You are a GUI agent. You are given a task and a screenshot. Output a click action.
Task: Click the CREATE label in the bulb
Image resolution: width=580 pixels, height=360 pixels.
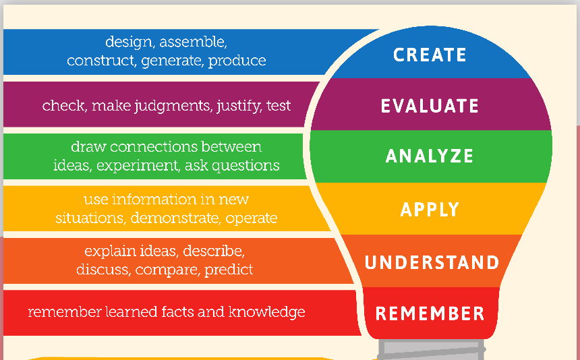click(430, 55)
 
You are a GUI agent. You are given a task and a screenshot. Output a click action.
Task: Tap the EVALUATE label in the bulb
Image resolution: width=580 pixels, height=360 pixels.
click(430, 106)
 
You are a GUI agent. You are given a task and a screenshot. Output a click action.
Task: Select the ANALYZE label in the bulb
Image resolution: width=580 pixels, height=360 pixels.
click(430, 156)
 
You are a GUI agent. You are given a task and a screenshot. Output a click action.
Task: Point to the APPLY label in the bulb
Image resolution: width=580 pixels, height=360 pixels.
click(430, 210)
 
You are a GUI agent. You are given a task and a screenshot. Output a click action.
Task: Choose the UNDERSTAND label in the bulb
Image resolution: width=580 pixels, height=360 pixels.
click(432, 262)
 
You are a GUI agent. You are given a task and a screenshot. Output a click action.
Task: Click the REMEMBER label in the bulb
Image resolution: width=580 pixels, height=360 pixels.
click(430, 313)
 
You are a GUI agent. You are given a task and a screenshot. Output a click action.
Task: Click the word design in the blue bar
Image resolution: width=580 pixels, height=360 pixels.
click(129, 42)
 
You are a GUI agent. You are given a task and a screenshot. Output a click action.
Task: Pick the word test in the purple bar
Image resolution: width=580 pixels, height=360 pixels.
click(279, 106)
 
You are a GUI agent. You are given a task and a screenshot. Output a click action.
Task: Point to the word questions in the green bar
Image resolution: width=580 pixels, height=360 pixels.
click(245, 167)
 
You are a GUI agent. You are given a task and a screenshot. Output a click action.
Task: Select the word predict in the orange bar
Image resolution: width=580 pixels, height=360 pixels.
click(229, 270)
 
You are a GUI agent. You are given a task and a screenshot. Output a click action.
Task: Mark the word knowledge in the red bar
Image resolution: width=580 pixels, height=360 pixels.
click(266, 312)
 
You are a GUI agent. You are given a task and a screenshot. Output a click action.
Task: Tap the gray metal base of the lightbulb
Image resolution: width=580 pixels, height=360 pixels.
click(432, 349)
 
